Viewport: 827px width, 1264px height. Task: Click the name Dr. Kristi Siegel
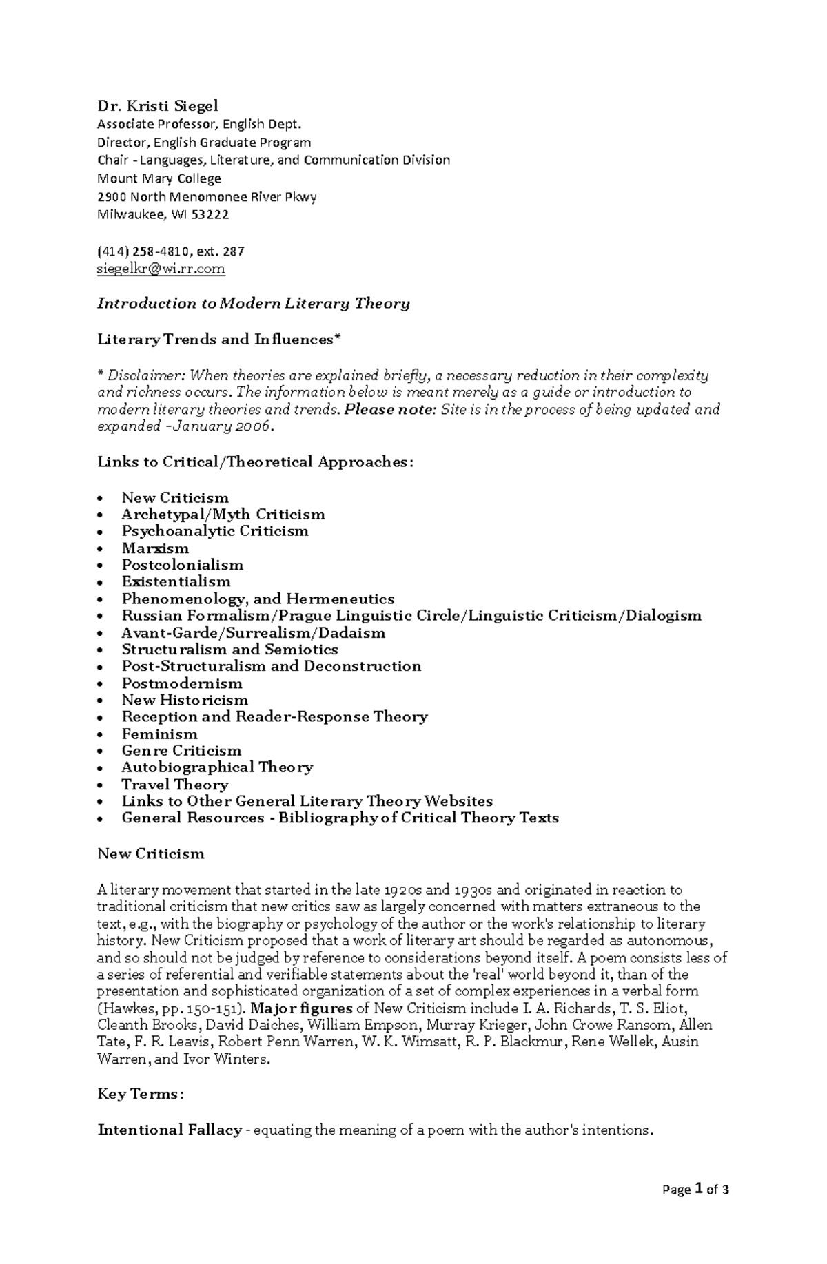[x=157, y=105]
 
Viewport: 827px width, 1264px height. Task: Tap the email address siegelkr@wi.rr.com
[x=161, y=269]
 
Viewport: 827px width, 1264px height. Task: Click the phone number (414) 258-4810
[x=142, y=251]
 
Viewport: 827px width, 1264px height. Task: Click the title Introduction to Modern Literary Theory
[x=254, y=304]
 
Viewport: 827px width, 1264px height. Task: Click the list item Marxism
[x=155, y=548]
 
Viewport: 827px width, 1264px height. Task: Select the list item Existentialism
[x=176, y=581]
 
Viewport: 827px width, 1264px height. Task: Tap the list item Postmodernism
[x=182, y=683]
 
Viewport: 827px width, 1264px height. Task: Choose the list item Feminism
[x=159, y=734]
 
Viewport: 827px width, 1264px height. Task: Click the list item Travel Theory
[x=174, y=785]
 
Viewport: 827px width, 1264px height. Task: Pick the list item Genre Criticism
[x=181, y=751]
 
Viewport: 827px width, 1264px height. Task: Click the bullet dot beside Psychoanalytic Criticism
[x=101, y=532]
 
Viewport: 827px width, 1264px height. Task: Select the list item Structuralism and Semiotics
[x=229, y=650]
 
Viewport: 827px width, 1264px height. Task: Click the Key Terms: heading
[x=140, y=1095]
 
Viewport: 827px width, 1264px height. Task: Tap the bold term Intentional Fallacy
[x=170, y=1130]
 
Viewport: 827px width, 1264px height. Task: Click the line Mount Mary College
[x=159, y=178]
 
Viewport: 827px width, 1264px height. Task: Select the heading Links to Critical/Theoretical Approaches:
[x=255, y=462]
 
